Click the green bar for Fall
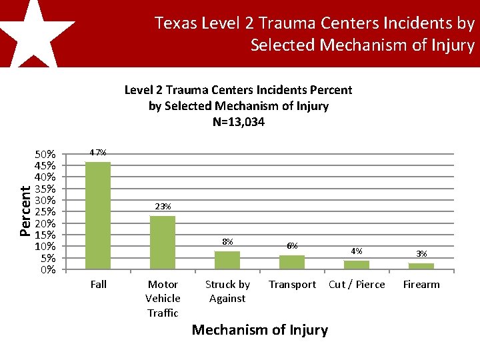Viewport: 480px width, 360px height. tap(98, 215)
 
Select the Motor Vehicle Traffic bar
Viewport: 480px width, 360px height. tap(163, 243)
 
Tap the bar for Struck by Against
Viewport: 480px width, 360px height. tap(227, 260)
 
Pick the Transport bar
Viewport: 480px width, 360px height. tap(292, 262)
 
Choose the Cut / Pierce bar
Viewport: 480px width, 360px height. tap(357, 265)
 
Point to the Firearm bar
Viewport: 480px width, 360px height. tap(421, 266)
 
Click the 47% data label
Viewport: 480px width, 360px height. tap(98, 153)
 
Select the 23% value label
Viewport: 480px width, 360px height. tap(163, 207)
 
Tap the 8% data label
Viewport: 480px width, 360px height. tap(227, 241)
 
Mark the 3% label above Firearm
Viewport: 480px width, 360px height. tap(421, 253)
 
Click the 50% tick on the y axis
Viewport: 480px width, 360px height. tap(45, 154)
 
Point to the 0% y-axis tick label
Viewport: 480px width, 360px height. tap(47, 270)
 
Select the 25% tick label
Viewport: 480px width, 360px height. tap(45, 212)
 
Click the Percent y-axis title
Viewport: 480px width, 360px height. tap(25, 211)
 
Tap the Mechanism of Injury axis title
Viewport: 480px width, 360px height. tap(259, 330)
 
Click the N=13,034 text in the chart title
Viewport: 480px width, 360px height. tap(238, 122)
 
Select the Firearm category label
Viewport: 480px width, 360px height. tap(421, 285)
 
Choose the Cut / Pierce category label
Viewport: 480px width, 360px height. tap(357, 285)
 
